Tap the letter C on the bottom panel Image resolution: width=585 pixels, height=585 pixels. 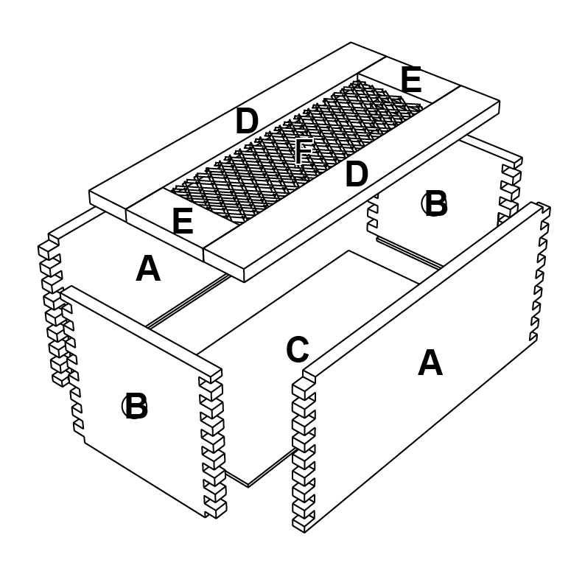point(298,351)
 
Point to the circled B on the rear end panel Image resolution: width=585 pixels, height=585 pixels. point(435,204)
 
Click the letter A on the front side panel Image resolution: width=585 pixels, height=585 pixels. point(430,363)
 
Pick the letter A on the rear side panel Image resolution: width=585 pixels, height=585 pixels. point(148,270)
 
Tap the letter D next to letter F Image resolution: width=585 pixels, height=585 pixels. point(356,175)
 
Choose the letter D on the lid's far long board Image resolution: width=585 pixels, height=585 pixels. point(247,122)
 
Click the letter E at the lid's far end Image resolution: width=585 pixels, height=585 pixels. point(410,81)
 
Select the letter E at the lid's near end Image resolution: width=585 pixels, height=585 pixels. point(183,222)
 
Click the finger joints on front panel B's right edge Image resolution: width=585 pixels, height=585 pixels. point(212,442)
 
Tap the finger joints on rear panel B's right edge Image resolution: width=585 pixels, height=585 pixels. point(510,188)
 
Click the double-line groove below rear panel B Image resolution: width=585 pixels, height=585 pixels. point(409,252)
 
